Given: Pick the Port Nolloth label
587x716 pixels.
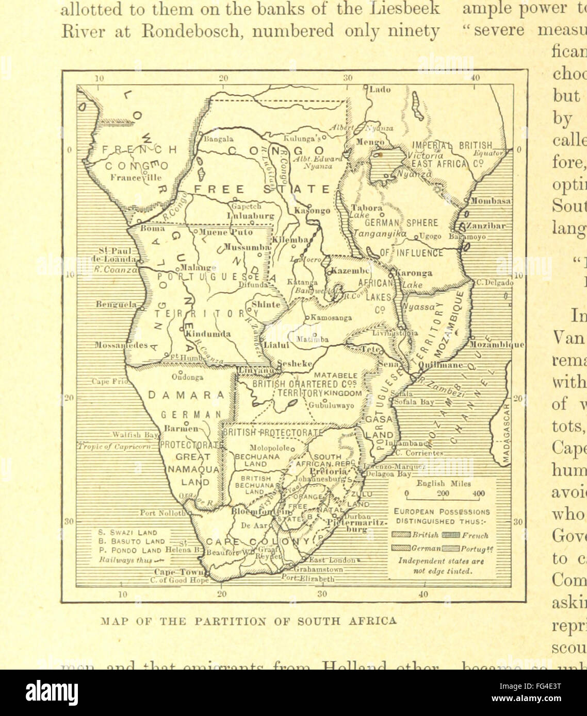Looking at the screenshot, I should pos(161,513).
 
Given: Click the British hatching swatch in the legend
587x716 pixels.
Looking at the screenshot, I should pos(401,535).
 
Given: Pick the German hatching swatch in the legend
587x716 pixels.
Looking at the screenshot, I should pos(401,548).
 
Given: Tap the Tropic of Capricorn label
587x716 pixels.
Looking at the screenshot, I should pos(115,446).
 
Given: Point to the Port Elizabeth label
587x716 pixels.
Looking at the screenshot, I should pos(308,578).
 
